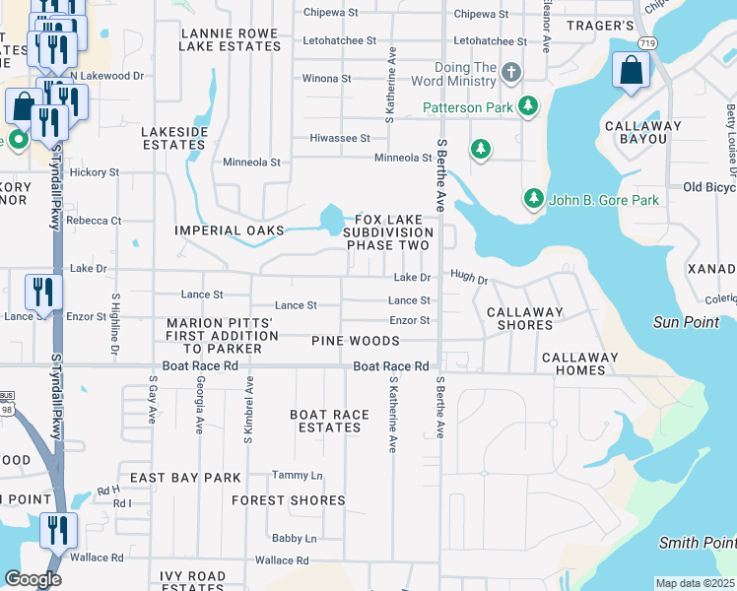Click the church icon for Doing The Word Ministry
tap(510, 72)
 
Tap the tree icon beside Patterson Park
tap(529, 106)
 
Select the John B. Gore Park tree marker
tap(533, 199)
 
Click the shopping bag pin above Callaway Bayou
tap(631, 71)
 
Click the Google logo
tap(33, 579)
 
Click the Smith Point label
tap(697, 543)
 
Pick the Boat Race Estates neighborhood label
tap(330, 421)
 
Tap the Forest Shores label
tap(289, 500)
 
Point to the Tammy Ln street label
tap(297, 476)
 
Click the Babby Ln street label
tap(295, 539)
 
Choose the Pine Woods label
tap(355, 341)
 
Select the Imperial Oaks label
tap(229, 230)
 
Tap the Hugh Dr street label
tap(469, 279)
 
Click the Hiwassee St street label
tap(340, 139)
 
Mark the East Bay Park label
tap(185, 478)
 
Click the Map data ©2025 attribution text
tap(694, 583)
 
